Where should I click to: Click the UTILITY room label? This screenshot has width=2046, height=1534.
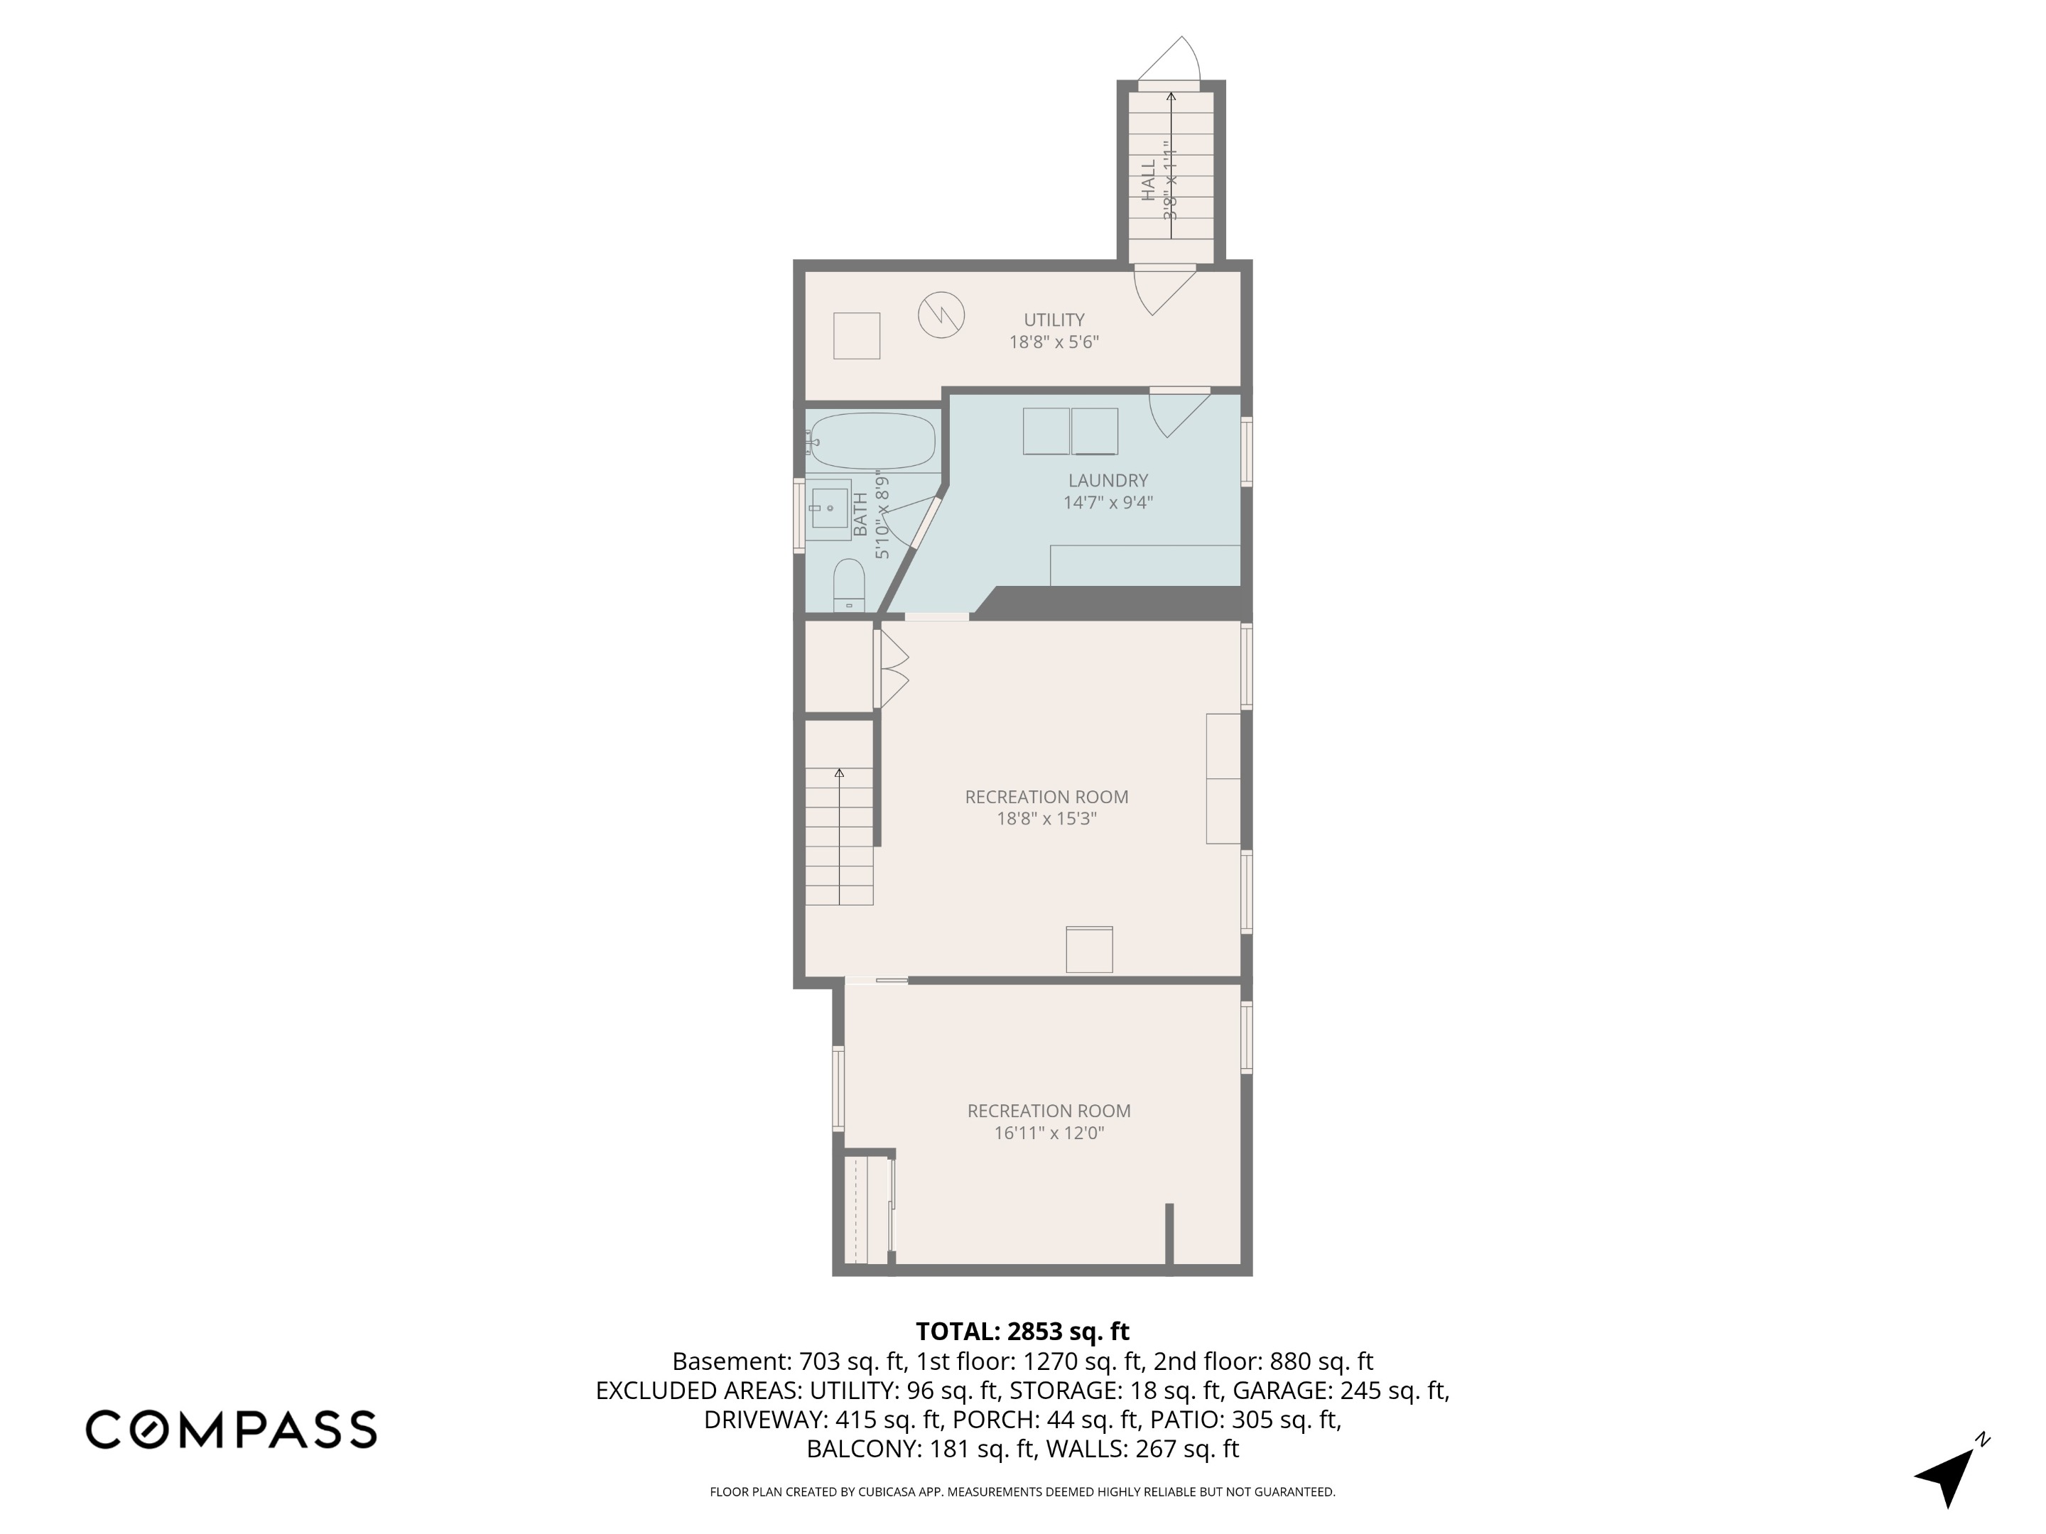tap(1054, 320)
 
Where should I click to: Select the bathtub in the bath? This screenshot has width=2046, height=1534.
tap(872, 441)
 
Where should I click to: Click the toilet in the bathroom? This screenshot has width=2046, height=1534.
tap(848, 584)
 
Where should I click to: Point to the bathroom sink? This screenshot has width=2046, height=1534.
tap(830, 508)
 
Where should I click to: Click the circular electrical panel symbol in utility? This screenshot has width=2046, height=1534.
tap(941, 315)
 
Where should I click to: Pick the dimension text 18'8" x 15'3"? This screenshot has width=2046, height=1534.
tap(1046, 818)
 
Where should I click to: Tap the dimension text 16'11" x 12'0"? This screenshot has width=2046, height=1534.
tap(1049, 1133)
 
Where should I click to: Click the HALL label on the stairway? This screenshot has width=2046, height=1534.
tap(1149, 181)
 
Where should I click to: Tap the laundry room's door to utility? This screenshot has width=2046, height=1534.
tap(1179, 411)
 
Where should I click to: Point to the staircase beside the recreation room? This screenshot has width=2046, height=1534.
tap(839, 837)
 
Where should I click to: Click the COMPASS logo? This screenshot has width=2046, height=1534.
tap(231, 1430)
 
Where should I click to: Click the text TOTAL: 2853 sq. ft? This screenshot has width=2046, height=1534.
tap(1022, 1332)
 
